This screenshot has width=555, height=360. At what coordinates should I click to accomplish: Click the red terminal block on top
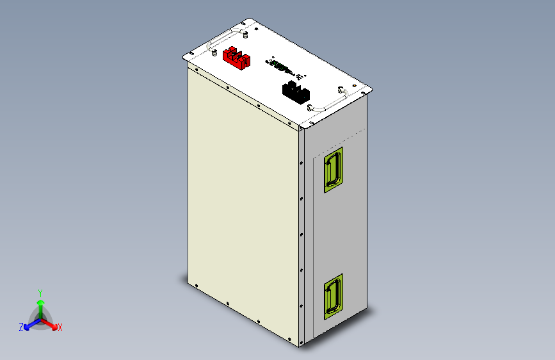click(236, 59)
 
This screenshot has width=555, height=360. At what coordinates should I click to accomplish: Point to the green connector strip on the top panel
click(280, 65)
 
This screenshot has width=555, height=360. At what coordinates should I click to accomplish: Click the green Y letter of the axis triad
click(40, 291)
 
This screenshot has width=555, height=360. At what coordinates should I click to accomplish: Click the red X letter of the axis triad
click(60, 327)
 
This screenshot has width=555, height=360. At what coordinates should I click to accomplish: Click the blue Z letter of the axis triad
click(21, 327)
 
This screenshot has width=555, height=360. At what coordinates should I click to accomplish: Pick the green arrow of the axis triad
click(40, 304)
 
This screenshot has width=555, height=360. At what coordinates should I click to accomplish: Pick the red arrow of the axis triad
click(51, 322)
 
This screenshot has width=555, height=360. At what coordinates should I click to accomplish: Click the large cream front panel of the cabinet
click(243, 205)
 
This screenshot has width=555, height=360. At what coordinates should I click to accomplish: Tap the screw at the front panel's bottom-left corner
click(197, 286)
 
